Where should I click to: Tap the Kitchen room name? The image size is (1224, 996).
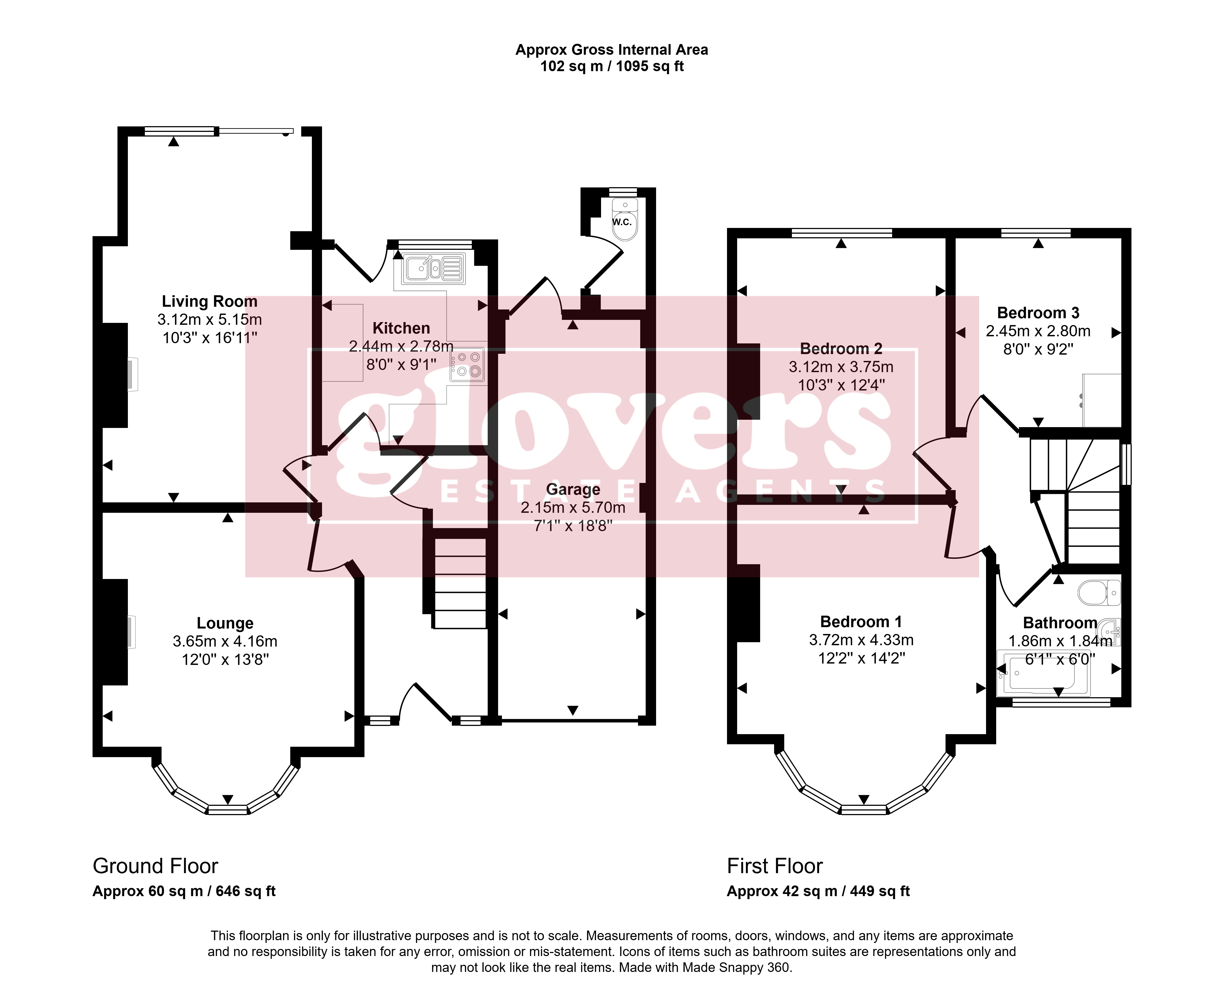pyautogui.click(x=401, y=328)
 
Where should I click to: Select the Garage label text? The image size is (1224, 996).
pyautogui.click(x=573, y=490)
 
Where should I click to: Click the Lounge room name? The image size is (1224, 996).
pyautogui.click(x=225, y=623)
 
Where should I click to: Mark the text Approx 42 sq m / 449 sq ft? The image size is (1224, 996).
pyautogui.click(x=818, y=891)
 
